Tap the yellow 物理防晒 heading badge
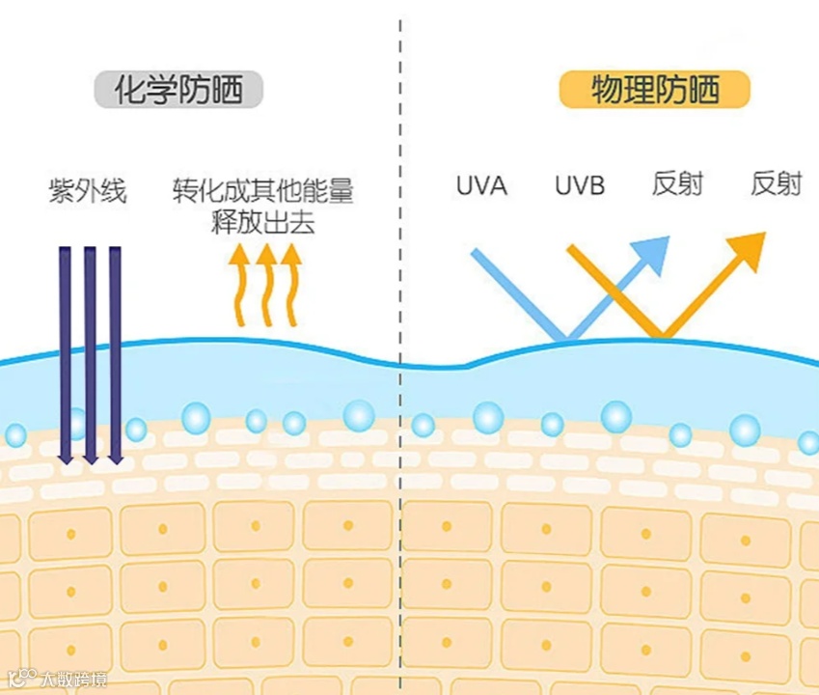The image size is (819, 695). tap(655, 90)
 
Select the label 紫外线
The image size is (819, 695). tap(88, 188)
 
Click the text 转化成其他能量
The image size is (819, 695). tap(263, 189)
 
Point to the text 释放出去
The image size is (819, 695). tap(263, 222)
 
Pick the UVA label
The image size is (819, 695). tap(481, 185)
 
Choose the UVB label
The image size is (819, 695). tap(580, 185)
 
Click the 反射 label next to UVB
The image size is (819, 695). tap(677, 183)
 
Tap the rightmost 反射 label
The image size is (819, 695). tap(777, 183)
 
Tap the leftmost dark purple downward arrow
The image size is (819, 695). tap(66, 352)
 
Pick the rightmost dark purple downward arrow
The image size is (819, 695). tap(116, 352)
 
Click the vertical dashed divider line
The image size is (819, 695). tap(399, 290)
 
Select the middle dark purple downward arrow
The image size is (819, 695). tap(91, 352)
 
